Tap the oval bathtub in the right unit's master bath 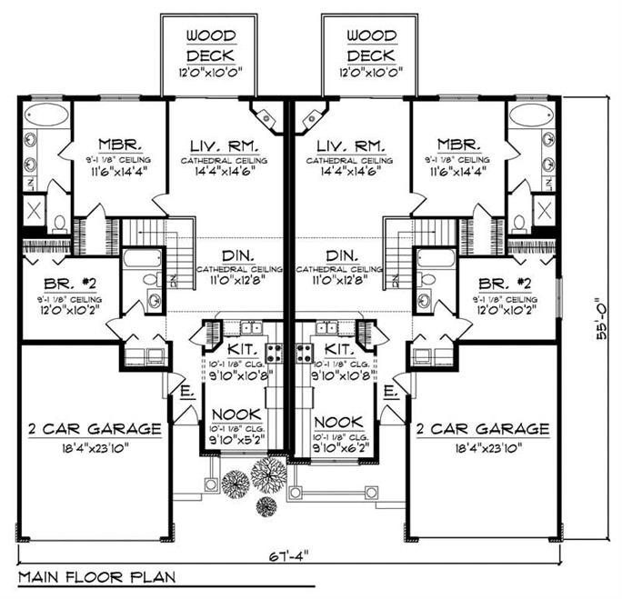coord(530,116)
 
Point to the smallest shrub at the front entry coord(266,505)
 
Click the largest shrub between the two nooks coord(269,474)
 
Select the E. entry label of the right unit coord(389,392)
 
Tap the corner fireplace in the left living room coord(266,116)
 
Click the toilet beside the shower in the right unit coord(517,223)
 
